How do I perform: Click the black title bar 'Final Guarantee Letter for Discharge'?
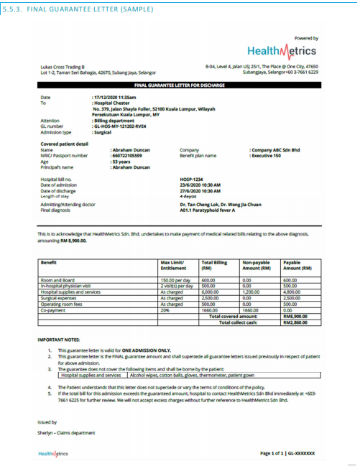pyautogui.click(x=180, y=85)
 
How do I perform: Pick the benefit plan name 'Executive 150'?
pyautogui.click(x=265, y=155)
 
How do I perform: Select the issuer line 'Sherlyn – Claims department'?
pyautogui.click(x=66, y=432)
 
